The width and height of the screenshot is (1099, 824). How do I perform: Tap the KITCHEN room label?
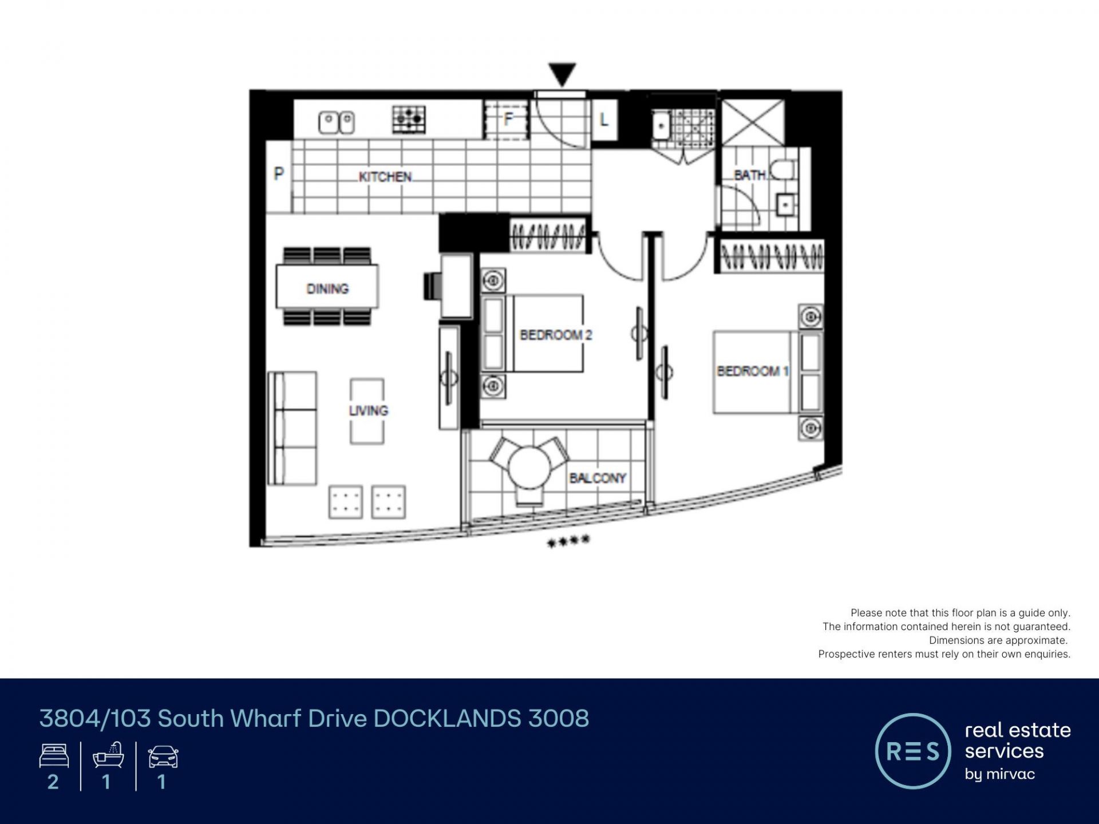(385, 177)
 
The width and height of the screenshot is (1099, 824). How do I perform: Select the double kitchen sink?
(337, 122)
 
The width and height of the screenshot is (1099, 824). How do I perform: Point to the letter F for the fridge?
(508, 119)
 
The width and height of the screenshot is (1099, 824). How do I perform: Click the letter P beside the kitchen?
(279, 173)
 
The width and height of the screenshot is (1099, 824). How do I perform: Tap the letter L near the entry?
(604, 120)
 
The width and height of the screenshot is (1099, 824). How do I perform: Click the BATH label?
(750, 175)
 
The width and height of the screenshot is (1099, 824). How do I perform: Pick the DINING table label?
(327, 289)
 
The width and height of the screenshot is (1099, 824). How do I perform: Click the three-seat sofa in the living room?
(292, 429)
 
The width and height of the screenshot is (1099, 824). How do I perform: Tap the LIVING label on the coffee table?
(369, 411)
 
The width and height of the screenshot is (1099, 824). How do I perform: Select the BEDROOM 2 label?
(556, 335)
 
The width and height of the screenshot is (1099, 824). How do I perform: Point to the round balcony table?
(529, 467)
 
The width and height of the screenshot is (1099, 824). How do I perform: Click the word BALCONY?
(598, 478)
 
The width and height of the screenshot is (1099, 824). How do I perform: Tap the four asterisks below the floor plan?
(568, 541)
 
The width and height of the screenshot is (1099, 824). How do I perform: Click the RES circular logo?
(913, 751)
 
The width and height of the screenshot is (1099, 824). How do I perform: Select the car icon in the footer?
(163, 757)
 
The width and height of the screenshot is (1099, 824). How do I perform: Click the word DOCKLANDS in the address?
(447, 719)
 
